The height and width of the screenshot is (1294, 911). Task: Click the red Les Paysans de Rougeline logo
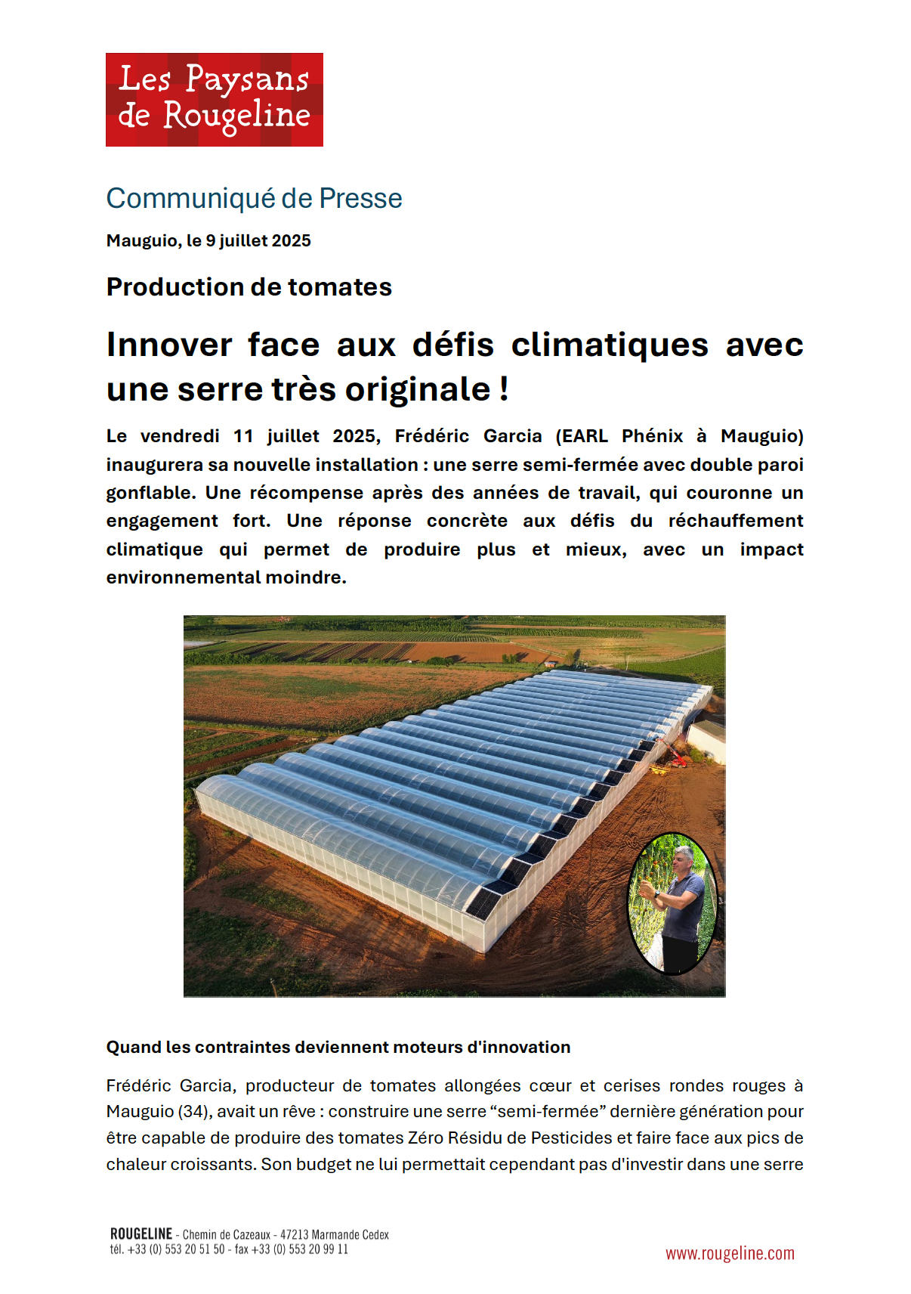(x=214, y=99)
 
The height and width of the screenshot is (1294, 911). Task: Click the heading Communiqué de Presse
(x=254, y=198)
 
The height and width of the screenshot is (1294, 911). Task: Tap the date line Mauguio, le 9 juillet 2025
(x=208, y=240)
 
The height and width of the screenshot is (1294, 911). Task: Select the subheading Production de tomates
(x=249, y=287)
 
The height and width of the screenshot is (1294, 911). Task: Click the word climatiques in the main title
(x=610, y=345)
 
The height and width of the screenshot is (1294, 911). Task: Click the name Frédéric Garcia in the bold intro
(x=468, y=436)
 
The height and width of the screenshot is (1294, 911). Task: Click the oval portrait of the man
(x=672, y=903)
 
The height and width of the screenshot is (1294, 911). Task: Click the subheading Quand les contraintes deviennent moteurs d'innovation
(x=338, y=1047)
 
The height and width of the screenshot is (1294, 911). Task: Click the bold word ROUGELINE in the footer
(x=141, y=1234)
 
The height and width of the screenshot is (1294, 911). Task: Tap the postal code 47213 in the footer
(x=294, y=1235)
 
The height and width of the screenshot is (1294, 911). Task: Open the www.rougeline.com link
(x=730, y=1253)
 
